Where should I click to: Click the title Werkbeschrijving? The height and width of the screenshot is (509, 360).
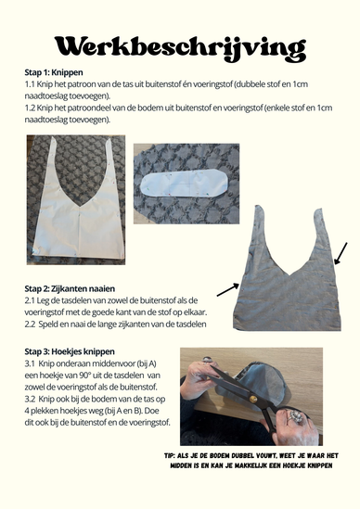click(179, 45)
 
